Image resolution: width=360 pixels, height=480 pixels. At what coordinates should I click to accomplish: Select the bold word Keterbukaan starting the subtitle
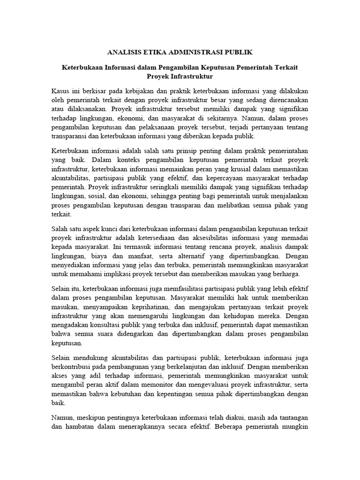(x=84, y=67)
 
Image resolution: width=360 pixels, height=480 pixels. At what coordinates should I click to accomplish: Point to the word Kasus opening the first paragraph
(x=61, y=91)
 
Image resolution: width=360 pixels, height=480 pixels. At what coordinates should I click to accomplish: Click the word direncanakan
(x=286, y=100)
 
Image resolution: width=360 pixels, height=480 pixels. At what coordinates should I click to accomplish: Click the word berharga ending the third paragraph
(x=285, y=275)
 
